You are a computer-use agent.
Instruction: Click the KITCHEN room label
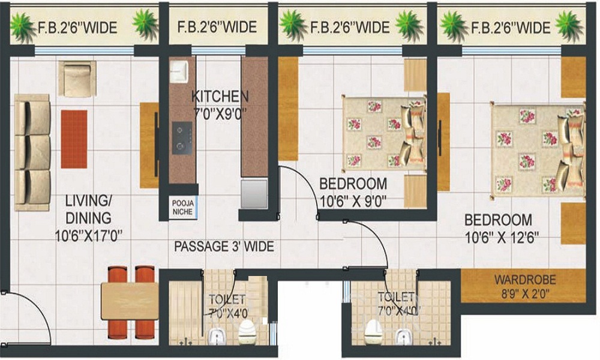[220, 97]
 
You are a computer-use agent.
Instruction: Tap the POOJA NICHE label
[183, 208]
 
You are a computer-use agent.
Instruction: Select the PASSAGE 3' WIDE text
[224, 247]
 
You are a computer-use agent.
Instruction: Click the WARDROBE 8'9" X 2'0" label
[525, 287]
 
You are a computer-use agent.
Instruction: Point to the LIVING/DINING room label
[88, 209]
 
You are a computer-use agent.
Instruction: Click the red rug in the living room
[74, 139]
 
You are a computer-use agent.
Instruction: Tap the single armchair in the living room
[77, 79]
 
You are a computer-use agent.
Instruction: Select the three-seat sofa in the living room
[32, 152]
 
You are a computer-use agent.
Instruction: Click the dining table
[130, 301]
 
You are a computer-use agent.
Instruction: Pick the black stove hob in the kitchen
[182, 138]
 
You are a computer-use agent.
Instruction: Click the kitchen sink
[179, 71]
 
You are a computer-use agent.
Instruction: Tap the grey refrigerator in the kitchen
[254, 193]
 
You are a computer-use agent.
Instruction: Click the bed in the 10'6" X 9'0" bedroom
[384, 133]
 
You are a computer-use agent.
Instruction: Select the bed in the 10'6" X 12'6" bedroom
[538, 151]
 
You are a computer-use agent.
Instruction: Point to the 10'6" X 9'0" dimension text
[353, 201]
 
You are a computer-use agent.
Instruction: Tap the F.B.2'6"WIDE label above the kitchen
[217, 27]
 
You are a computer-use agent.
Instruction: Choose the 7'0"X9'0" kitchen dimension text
[220, 113]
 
